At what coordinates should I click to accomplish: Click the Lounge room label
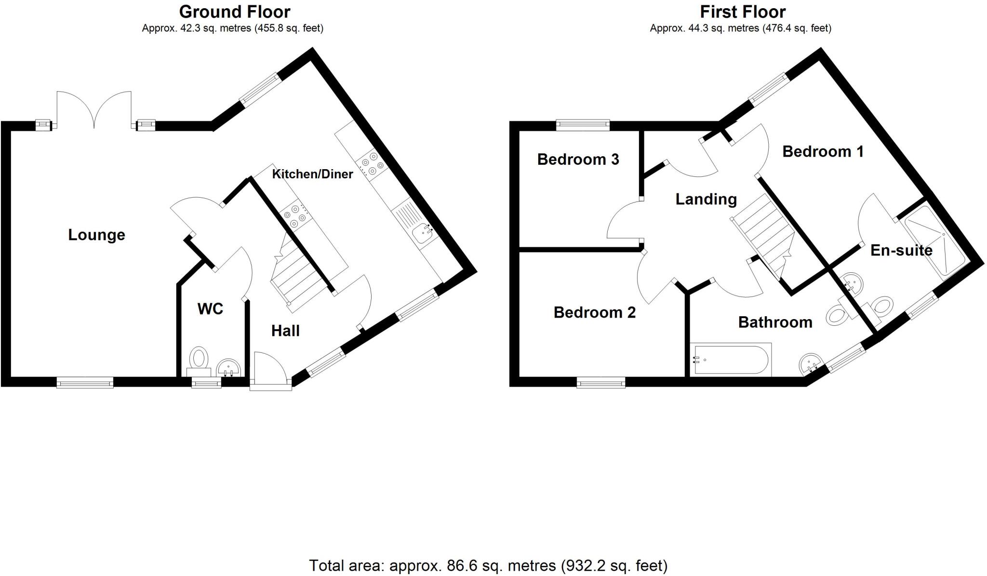pos(96,235)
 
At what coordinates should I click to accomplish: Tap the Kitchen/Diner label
pos(312,174)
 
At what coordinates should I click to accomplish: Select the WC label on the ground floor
pos(210,309)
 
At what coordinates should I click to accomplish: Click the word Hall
pos(285,331)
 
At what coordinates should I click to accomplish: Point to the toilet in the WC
pos(199,362)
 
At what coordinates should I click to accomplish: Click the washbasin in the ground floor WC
pos(228,368)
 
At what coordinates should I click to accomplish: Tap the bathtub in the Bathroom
pos(731,360)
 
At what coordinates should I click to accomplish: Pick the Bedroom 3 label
pos(578,159)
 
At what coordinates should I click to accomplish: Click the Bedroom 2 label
pos(594,312)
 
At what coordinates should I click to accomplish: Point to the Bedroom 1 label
pos(823,151)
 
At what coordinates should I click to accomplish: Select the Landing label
pos(706,200)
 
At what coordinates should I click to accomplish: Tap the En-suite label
pos(901,250)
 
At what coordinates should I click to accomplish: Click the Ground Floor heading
pos(235,12)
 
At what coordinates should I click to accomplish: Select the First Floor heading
pos(743,12)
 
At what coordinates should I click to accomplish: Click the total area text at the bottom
pos(488,565)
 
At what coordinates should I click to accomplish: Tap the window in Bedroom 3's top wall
pos(583,125)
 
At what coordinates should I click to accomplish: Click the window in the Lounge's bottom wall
pos(85,383)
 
